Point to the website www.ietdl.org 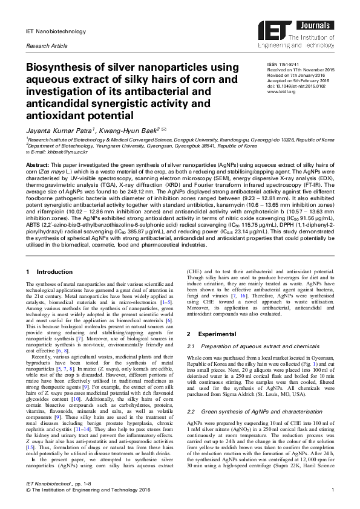point(281,91)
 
